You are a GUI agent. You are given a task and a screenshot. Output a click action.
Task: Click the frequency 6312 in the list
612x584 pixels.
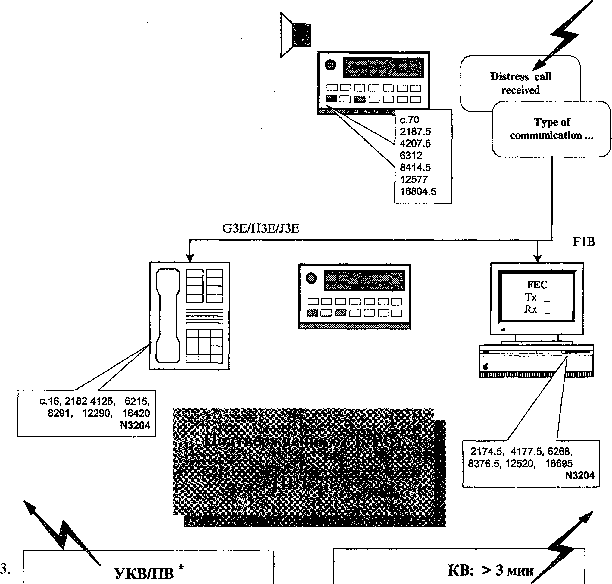pos(411,155)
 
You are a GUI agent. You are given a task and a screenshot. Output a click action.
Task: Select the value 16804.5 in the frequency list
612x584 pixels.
pos(418,191)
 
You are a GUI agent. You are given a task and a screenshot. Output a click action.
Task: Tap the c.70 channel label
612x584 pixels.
pos(409,120)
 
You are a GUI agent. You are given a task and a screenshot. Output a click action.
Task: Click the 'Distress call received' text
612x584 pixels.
pos(520,83)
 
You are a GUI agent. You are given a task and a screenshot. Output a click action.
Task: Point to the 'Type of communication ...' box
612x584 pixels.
pos(551,129)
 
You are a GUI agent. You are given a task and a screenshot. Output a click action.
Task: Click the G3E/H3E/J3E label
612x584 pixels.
pos(261,229)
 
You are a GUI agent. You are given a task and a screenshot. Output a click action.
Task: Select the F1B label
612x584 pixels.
pos(583,241)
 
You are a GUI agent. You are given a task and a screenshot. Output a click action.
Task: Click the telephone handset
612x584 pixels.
pos(168,316)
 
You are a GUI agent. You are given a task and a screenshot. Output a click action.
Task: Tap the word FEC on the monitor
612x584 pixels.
pos(537,284)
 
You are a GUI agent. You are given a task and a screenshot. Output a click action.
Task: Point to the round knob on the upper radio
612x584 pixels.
pos(330,65)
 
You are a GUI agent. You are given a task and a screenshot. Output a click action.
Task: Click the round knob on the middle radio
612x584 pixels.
pos(311,278)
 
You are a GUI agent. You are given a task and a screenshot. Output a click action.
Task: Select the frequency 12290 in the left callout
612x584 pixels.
pos(97,413)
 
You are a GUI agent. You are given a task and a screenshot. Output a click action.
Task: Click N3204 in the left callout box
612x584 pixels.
pos(135,425)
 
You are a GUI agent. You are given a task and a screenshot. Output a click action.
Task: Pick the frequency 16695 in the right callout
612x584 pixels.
pos(558,464)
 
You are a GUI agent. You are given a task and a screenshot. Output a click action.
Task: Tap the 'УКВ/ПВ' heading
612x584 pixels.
pos(144,573)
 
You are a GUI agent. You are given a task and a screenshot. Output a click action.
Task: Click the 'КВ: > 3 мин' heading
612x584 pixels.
pos(491,570)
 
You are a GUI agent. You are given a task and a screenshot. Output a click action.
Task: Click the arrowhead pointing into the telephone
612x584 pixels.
pos(190,258)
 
